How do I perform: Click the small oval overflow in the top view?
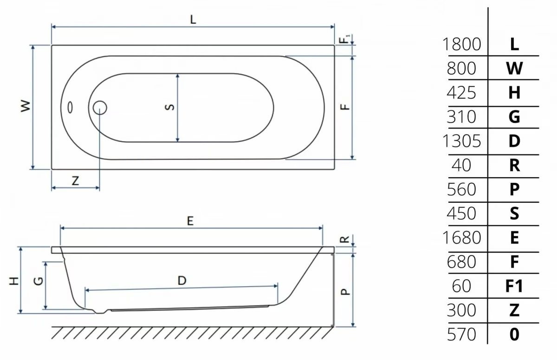coord(70,108)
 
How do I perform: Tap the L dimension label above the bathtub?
coord(193,19)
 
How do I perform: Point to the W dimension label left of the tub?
coord(26,106)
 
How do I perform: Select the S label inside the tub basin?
coord(170,107)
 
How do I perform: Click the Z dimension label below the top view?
coord(75,181)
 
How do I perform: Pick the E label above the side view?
coord(190,221)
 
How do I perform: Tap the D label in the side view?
coord(182,281)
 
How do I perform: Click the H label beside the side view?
coord(14,281)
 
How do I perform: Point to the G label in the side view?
coord(39,281)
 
